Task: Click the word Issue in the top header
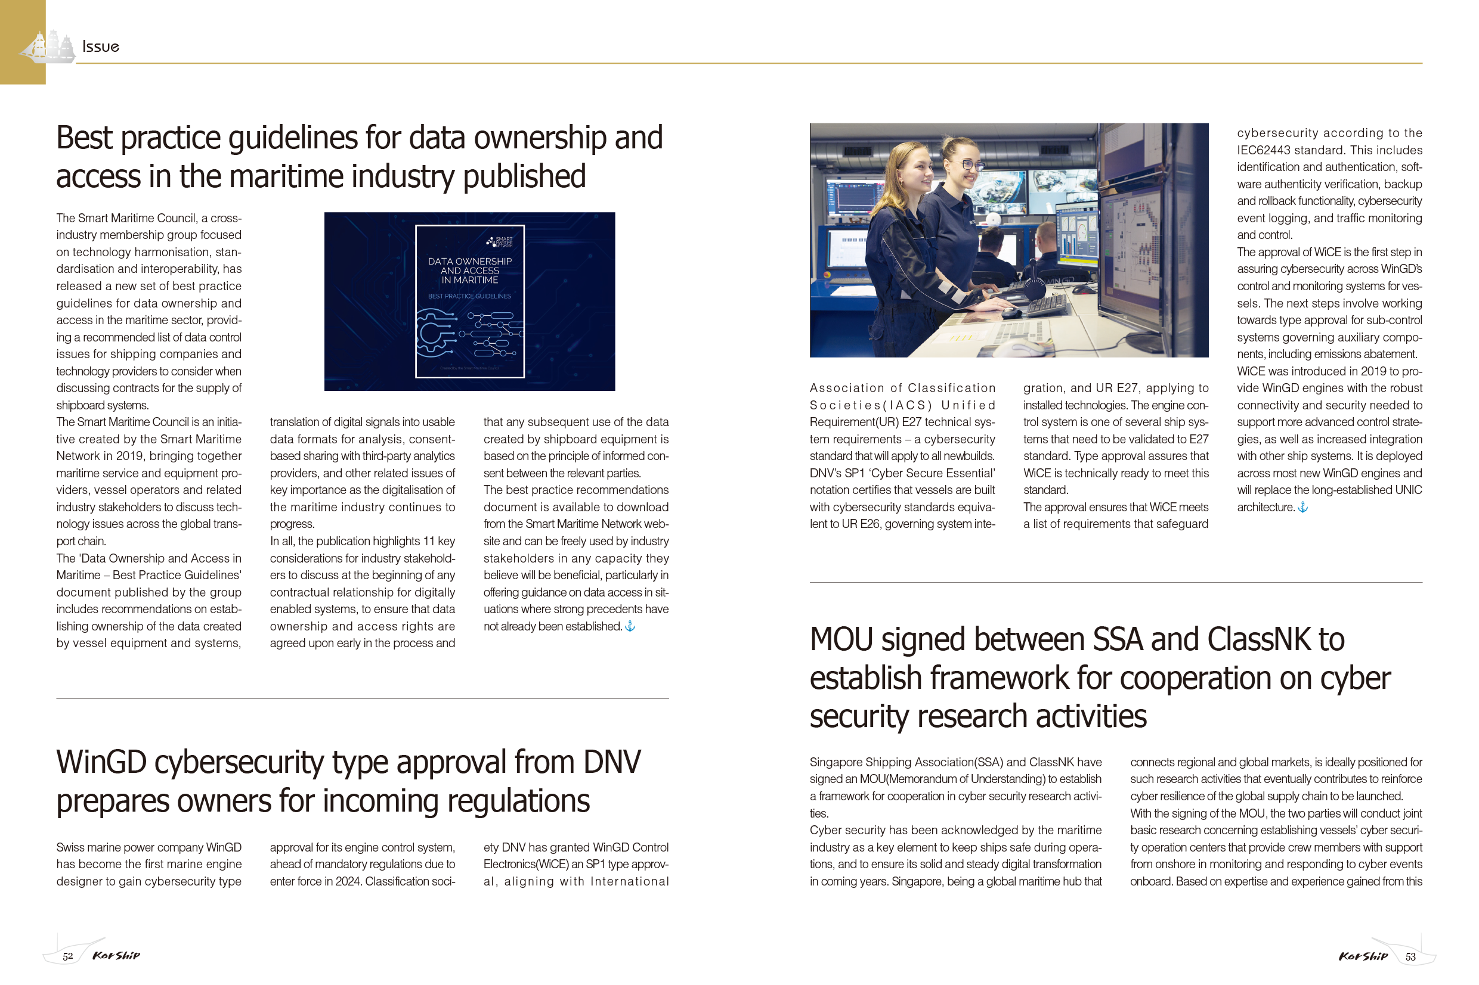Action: click(101, 46)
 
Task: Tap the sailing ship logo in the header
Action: click(48, 46)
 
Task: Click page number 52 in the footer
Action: click(68, 956)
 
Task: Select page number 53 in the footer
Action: click(1410, 957)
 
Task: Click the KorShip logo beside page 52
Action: click(116, 955)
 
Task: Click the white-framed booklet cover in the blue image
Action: click(469, 302)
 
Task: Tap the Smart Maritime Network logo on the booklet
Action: click(500, 241)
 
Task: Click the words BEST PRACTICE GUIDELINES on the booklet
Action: click(469, 296)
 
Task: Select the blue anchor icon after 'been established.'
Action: click(630, 626)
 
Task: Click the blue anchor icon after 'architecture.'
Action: click(1303, 507)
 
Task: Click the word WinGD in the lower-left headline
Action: click(101, 762)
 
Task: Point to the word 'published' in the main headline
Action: click(524, 176)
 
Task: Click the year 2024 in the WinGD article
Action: click(348, 881)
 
